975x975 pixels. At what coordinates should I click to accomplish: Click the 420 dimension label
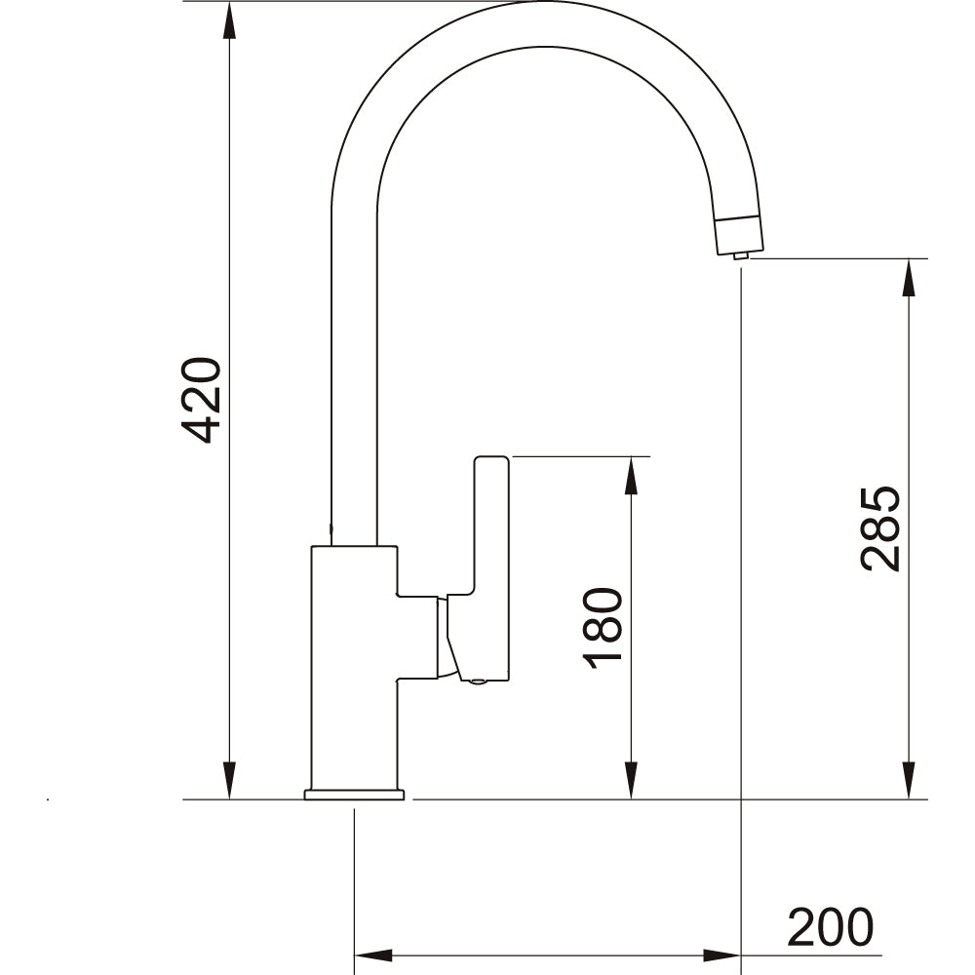click(x=204, y=401)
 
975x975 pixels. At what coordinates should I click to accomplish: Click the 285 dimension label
click(x=880, y=527)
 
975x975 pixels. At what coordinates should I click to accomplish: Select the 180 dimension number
click(x=604, y=628)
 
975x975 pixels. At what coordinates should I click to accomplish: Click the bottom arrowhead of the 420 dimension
click(x=229, y=780)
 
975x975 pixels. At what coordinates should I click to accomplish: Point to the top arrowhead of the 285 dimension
click(x=910, y=278)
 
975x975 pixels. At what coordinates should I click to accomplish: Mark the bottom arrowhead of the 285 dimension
click(x=910, y=780)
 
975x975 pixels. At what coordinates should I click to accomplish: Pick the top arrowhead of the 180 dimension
click(x=632, y=475)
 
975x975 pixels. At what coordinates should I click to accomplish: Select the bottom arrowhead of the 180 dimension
click(x=632, y=780)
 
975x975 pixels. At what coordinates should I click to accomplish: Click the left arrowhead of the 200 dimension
click(x=372, y=955)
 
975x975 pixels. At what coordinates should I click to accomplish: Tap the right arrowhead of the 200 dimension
click(x=721, y=955)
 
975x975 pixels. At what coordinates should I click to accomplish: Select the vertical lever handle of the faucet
click(x=491, y=565)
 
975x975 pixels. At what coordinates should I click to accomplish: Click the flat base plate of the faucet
click(x=354, y=796)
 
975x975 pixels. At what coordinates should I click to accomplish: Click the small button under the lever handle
click(x=477, y=682)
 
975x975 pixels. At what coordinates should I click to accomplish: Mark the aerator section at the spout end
click(x=739, y=234)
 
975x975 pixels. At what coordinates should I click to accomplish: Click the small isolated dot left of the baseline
click(x=48, y=801)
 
